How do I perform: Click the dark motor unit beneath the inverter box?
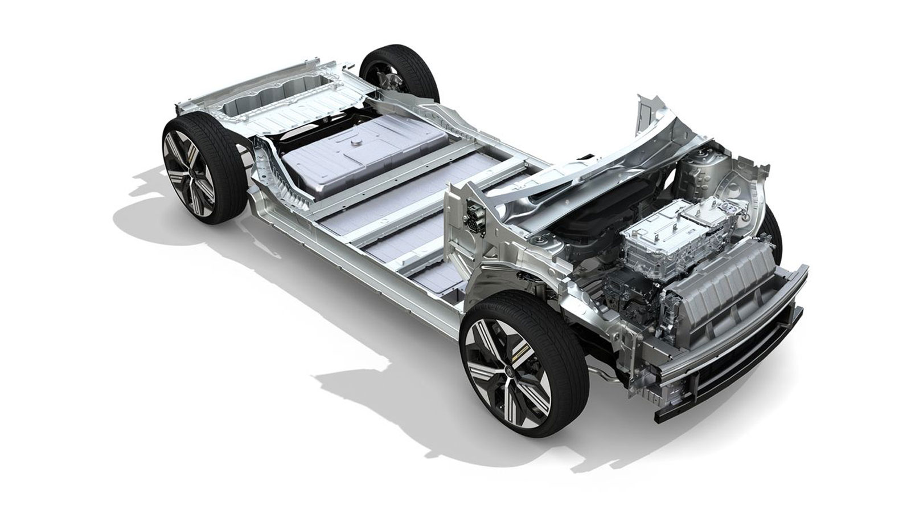point(626,285)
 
